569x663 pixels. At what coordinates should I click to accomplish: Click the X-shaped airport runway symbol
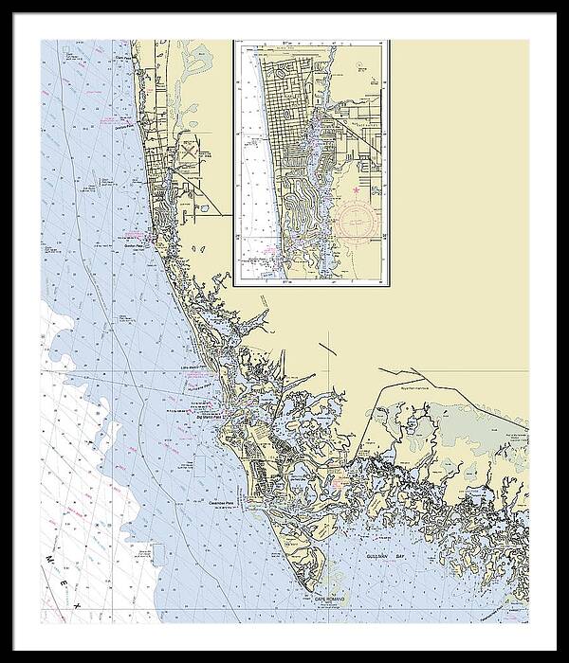click(x=190, y=150)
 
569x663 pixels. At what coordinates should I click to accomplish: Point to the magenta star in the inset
click(x=356, y=191)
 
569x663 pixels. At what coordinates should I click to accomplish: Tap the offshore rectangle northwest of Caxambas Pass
click(x=194, y=464)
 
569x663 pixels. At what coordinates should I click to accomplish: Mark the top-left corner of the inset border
click(x=233, y=40)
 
